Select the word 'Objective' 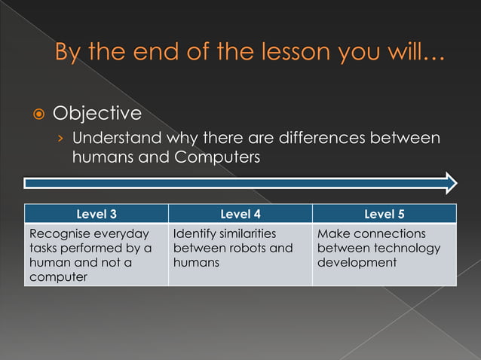click(x=97, y=114)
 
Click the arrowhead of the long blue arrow click(x=451, y=183)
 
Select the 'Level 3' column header click(x=96, y=214)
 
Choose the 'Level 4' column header click(x=240, y=214)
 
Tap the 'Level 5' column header click(x=384, y=214)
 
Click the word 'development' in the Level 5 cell click(x=357, y=263)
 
